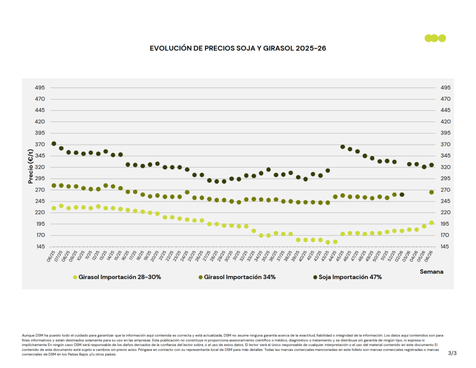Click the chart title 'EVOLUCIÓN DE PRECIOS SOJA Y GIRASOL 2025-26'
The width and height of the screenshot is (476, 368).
238,48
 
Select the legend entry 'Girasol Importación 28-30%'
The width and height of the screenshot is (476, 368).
117,277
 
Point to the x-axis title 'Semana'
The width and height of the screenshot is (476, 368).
431,271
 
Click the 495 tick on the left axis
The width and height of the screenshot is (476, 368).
40,87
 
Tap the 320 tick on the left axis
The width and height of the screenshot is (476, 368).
40,167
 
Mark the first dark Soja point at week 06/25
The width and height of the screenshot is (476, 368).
54,144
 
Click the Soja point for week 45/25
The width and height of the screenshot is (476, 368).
343,147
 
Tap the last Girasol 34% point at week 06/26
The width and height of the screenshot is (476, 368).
431,192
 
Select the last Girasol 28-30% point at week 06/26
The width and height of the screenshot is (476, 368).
431,223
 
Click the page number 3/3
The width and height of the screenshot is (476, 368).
452,354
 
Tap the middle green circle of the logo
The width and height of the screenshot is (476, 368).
435,38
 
